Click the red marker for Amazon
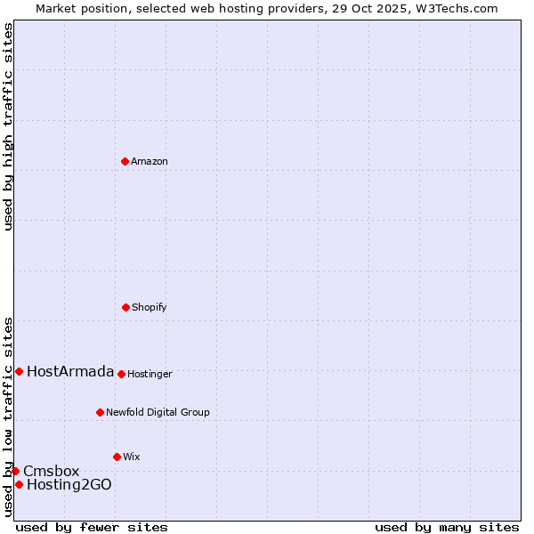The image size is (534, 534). point(125,161)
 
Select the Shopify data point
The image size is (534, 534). point(125,307)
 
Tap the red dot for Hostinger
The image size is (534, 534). point(121,374)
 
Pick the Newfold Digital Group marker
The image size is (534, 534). point(100,412)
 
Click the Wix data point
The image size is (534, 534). point(117,457)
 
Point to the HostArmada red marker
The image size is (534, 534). point(19,371)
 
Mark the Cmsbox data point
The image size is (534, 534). point(15,471)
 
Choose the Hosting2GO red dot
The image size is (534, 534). point(19,484)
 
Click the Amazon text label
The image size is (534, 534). point(150,161)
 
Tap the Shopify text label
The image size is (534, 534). point(150,307)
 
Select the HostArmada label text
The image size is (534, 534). point(70,371)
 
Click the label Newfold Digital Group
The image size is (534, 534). point(158,412)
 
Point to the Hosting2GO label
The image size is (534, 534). point(69,484)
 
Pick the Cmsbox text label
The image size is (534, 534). point(51,471)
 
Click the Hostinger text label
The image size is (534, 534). point(150,374)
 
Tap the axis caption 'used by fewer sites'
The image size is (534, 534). point(92,527)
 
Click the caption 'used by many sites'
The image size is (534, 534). point(447,527)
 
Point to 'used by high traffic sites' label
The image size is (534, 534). point(8,126)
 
